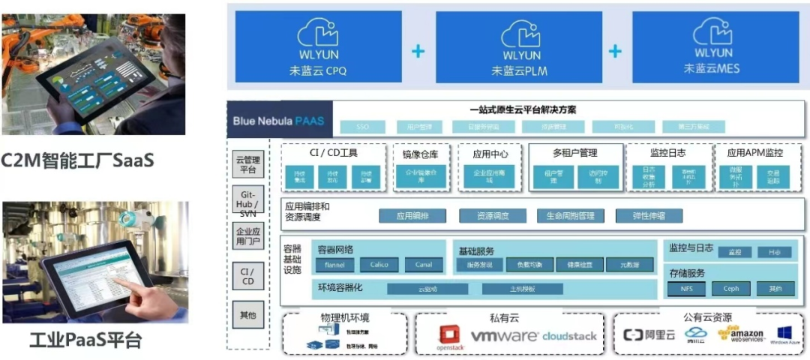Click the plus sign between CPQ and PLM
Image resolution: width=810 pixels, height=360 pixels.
click(x=418, y=51)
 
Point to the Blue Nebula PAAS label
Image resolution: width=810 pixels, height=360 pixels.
click(x=278, y=120)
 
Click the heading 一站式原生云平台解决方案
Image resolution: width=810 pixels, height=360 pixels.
click(x=517, y=109)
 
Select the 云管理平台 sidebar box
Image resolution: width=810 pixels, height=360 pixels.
click(x=247, y=165)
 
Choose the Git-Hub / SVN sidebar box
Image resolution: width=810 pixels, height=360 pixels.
click(x=247, y=202)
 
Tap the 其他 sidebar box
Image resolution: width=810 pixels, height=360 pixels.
click(x=247, y=314)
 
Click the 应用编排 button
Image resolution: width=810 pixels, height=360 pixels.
click(x=411, y=216)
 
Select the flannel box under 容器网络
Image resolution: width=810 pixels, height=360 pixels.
click(x=334, y=265)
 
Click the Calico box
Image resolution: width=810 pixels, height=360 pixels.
click(x=379, y=265)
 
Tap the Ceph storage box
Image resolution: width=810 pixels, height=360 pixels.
click(x=730, y=288)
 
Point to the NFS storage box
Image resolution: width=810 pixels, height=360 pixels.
click(x=688, y=288)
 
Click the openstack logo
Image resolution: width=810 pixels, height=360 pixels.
click(x=451, y=337)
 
